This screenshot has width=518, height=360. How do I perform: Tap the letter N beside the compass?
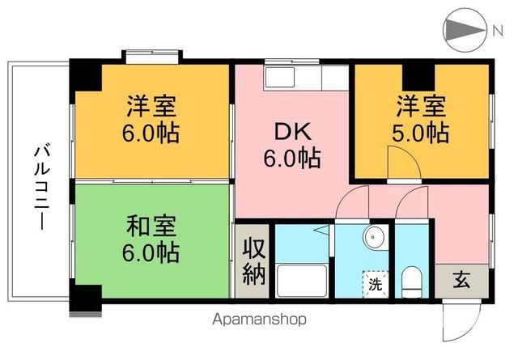pyautogui.click(x=497, y=31)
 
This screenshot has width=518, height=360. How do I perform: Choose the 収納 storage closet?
pyautogui.click(x=253, y=260)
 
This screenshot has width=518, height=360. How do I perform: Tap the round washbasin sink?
pyautogui.click(x=374, y=239)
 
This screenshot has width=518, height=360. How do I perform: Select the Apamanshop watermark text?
pyautogui.click(x=260, y=319)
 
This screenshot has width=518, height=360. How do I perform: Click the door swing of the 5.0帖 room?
pyautogui.click(x=402, y=166)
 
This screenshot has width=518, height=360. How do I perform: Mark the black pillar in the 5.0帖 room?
pyautogui.click(x=418, y=75)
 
